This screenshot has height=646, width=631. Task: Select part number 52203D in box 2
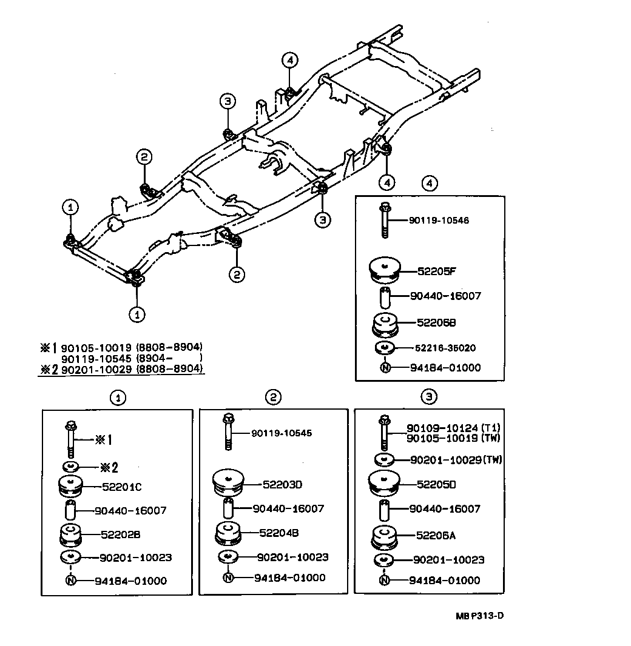click(282, 485)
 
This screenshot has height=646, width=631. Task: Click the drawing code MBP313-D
click(480, 616)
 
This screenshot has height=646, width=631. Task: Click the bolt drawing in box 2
click(228, 431)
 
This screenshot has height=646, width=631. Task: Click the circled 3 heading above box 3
click(429, 397)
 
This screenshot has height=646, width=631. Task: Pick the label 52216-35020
click(445, 348)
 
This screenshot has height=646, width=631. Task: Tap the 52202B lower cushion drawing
click(71, 536)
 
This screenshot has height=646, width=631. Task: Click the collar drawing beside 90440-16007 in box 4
click(385, 299)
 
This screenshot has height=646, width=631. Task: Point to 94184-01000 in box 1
click(130, 581)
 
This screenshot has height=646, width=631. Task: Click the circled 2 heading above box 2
click(273, 397)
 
